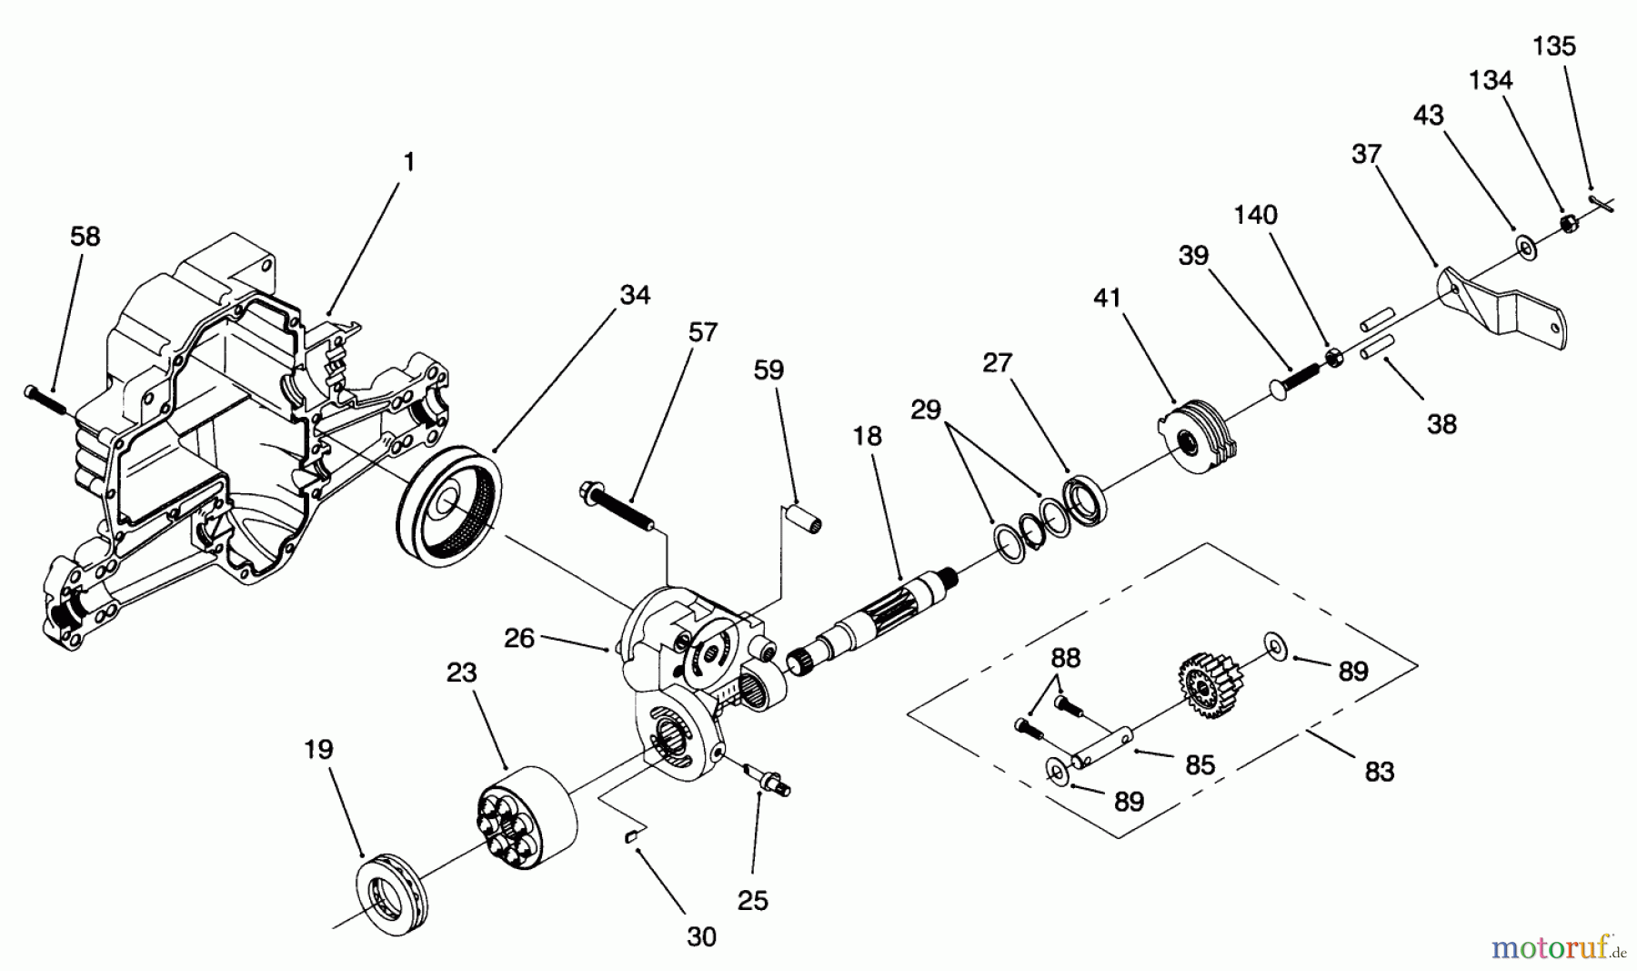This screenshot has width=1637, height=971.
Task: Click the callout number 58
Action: (85, 237)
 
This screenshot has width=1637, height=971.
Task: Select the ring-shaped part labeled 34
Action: (448, 507)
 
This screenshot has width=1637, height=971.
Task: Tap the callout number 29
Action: (926, 410)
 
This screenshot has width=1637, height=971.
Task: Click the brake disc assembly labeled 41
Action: (1200, 439)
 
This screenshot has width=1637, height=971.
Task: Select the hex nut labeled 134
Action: (1568, 223)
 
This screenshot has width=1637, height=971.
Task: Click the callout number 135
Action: (1554, 46)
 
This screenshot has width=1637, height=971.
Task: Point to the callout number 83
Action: (1379, 772)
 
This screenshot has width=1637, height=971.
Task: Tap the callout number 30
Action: (701, 936)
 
